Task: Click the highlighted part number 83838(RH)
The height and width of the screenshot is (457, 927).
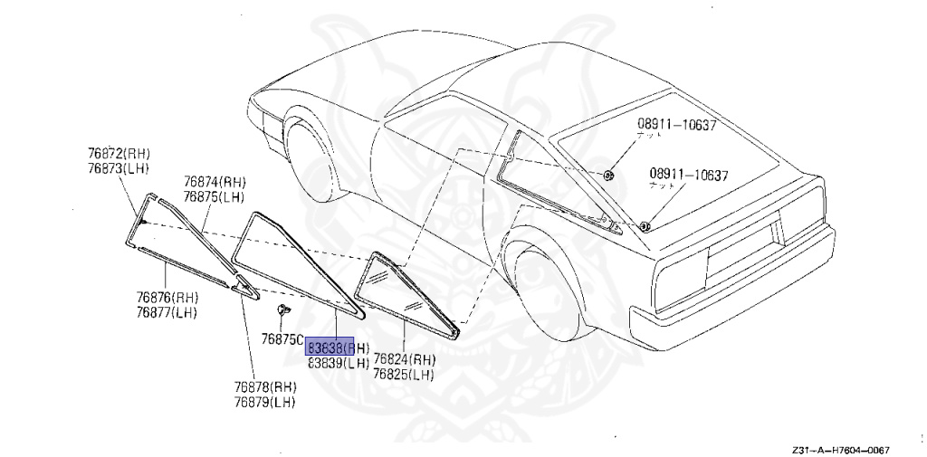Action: click(338, 347)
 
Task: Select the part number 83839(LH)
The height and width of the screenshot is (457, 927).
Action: click(338, 362)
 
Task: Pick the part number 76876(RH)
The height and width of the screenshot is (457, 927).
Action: click(167, 297)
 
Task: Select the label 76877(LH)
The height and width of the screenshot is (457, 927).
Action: click(167, 311)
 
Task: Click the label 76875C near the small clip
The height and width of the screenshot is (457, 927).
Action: click(281, 339)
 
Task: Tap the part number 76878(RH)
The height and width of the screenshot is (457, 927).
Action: click(264, 387)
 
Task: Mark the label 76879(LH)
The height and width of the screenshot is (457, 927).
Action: click(264, 402)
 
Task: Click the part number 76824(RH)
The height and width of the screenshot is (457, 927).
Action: click(404, 359)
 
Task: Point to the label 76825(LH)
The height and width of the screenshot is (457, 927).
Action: click(404, 374)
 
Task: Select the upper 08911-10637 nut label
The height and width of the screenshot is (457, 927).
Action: click(675, 125)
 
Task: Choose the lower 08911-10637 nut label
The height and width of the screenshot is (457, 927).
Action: click(689, 175)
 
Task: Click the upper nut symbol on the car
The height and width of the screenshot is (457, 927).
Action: click(608, 174)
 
